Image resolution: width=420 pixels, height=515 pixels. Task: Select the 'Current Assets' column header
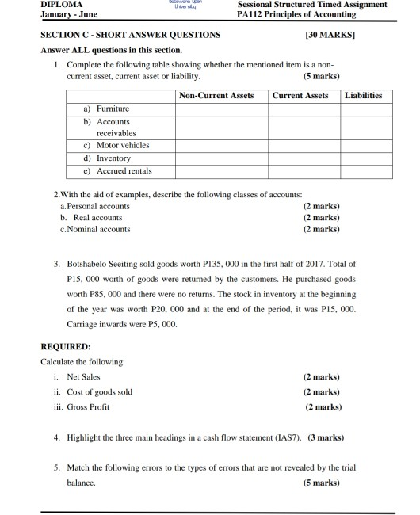[300, 96]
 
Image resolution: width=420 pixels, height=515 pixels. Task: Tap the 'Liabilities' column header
[364, 96]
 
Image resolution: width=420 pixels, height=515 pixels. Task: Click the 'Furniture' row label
[113, 109]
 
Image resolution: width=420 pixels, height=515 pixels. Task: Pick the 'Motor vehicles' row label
[122, 146]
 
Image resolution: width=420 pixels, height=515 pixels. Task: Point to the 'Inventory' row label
[113, 158]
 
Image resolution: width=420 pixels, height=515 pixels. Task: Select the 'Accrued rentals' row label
[124, 171]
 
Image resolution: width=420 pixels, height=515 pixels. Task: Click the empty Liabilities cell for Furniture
[364, 109]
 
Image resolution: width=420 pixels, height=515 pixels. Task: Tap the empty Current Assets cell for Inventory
[300, 158]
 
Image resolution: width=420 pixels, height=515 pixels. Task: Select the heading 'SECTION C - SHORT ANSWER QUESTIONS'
[131, 36]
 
